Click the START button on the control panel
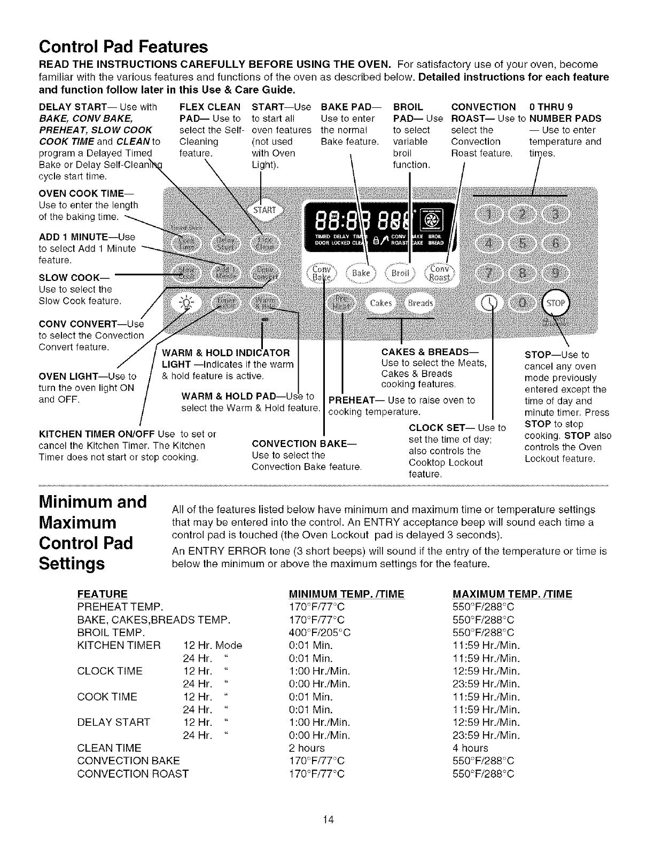(x=264, y=209)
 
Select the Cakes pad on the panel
(x=380, y=303)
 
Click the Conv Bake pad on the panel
(x=322, y=273)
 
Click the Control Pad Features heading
(x=123, y=46)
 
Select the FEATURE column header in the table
(x=103, y=594)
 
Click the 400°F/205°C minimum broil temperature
(x=320, y=632)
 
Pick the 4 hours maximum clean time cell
(x=470, y=748)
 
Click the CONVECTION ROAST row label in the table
(x=133, y=773)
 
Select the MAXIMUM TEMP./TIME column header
(x=512, y=594)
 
